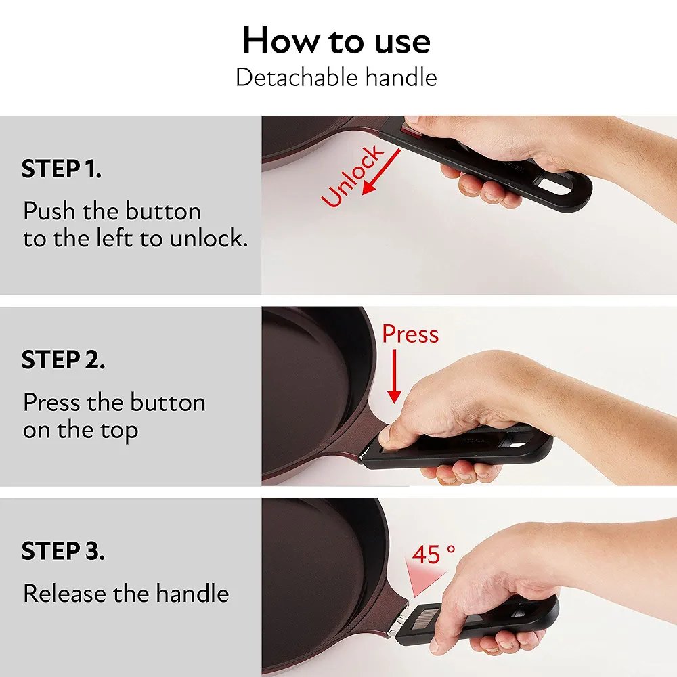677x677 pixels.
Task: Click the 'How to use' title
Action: click(x=336, y=41)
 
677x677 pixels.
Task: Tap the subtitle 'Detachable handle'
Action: click(x=336, y=78)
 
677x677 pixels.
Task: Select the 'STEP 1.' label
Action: click(x=62, y=169)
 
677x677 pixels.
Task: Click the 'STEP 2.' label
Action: click(x=63, y=359)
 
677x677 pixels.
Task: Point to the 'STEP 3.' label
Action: click(x=63, y=551)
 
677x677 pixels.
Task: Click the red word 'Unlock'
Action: click(x=352, y=176)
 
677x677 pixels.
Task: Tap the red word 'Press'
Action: click(x=410, y=334)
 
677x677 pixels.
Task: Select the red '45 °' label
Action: click(x=433, y=554)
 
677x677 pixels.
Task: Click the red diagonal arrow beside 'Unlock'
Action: click(x=381, y=172)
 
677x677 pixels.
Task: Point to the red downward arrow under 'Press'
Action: click(x=394, y=376)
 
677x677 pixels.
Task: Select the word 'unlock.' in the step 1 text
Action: click(x=209, y=238)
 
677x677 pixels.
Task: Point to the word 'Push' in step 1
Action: click(x=49, y=211)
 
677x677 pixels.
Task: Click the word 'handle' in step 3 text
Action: click(x=192, y=593)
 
